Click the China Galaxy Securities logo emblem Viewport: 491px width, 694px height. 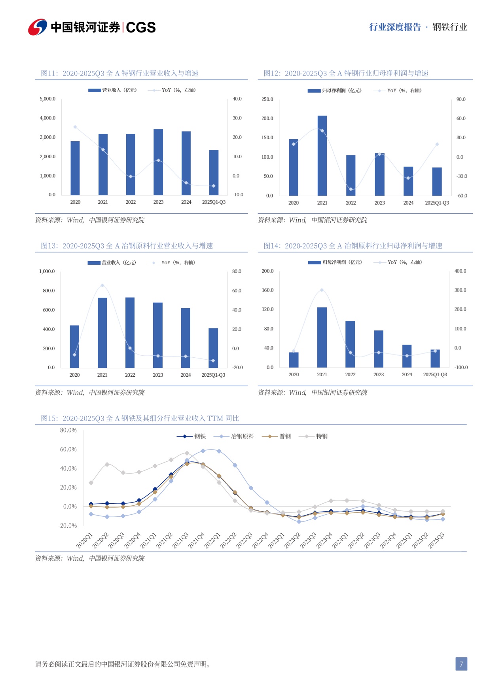click(38, 27)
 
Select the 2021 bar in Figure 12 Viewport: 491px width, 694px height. click(322, 155)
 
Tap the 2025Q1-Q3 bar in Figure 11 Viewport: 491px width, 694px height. click(214, 173)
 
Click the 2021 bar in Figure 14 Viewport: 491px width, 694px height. click(322, 337)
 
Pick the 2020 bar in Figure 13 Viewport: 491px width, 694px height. click(74, 347)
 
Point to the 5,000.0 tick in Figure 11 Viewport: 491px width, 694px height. click(47, 99)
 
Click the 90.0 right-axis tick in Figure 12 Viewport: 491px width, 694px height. click(461, 99)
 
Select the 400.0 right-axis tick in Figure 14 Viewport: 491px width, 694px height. click(460, 271)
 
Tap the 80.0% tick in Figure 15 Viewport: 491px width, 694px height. click(68, 430)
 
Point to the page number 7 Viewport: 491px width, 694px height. click(461, 664)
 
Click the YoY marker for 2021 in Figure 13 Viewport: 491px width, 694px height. click(102, 285)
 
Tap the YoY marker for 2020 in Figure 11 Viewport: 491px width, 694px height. click(75, 127)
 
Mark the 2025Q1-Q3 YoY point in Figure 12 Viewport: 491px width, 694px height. click(437, 144)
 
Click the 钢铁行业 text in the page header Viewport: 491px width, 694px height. click(450, 27)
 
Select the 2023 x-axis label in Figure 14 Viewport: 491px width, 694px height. click(379, 375)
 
